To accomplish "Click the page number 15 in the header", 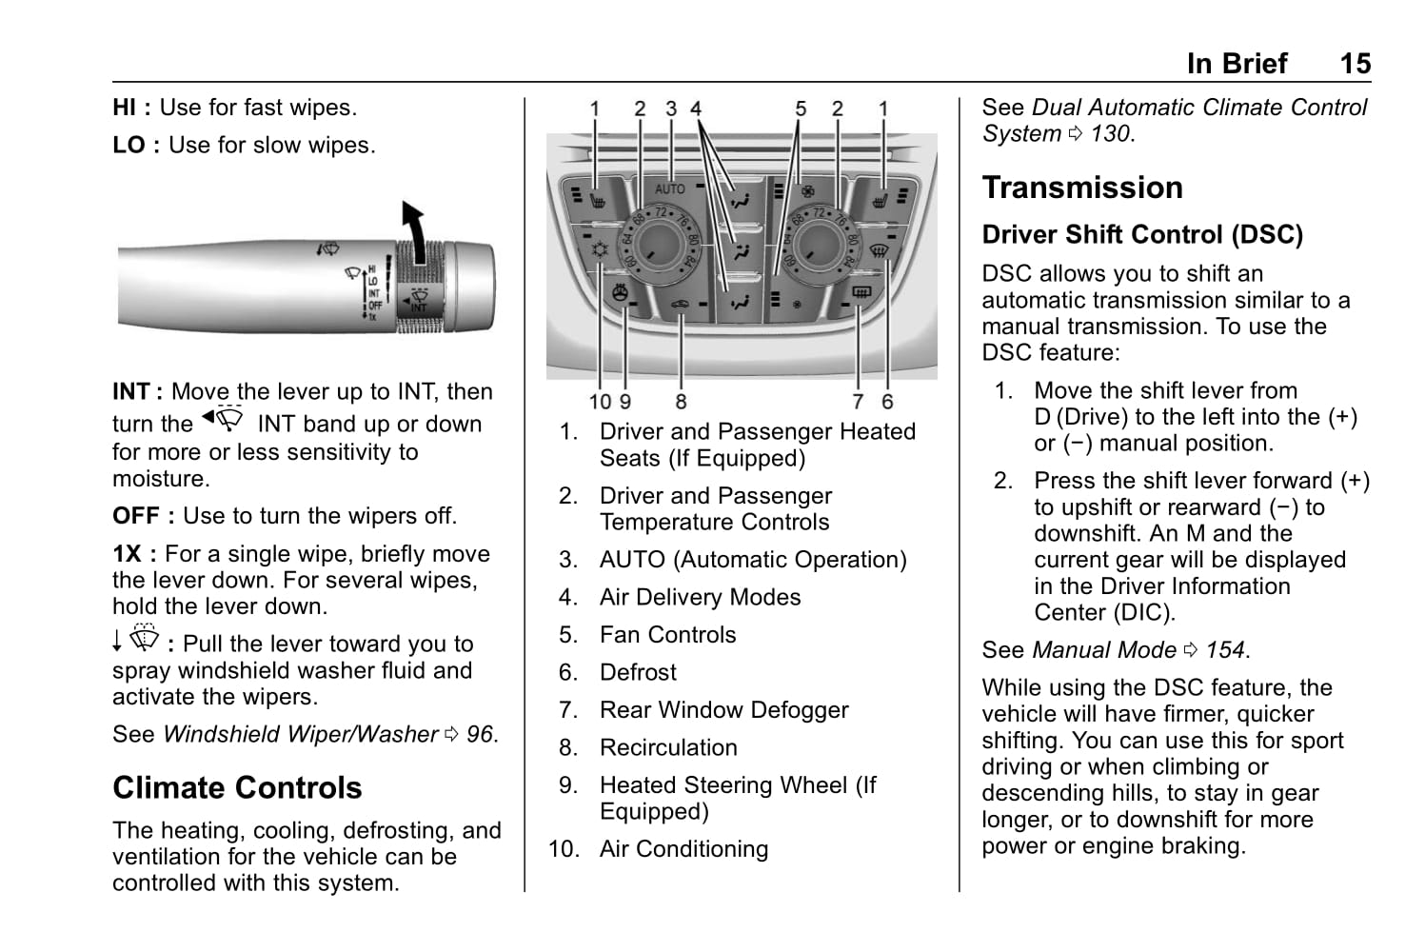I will (1355, 64).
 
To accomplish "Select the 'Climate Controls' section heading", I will (237, 788).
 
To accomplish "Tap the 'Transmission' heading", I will (1082, 188).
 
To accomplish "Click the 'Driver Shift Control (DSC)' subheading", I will (1142, 235).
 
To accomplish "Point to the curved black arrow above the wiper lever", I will (414, 228).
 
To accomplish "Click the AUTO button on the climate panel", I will (670, 189).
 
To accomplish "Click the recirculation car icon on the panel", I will (679, 305).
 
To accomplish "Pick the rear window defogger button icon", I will (861, 294).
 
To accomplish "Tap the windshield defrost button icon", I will (879, 251).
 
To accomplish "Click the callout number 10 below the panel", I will (600, 402).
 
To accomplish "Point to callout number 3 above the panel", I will (671, 109).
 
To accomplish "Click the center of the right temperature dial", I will (818, 245).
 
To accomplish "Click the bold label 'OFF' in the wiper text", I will (136, 516).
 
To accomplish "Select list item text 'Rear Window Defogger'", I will (723, 710).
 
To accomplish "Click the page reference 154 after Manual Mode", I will (1225, 650).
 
